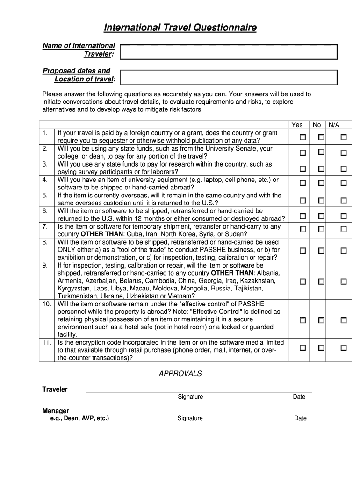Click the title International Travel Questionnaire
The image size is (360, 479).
click(x=180, y=28)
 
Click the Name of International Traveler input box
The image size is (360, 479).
click(x=229, y=52)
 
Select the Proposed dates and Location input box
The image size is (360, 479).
click(x=229, y=77)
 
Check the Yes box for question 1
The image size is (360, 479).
click(x=302, y=138)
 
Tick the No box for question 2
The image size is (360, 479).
click(x=321, y=152)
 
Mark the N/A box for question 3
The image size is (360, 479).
click(x=344, y=168)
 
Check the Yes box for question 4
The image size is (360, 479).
click(x=302, y=182)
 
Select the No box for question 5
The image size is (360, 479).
click(x=321, y=200)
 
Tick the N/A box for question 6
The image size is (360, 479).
click(x=344, y=216)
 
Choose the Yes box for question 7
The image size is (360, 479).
click(x=302, y=229)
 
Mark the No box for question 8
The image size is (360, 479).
click(x=321, y=251)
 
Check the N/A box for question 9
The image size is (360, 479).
click(x=344, y=282)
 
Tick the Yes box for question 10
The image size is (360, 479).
click(x=302, y=320)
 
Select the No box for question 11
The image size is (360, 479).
click(x=321, y=348)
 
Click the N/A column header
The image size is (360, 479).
click(x=334, y=125)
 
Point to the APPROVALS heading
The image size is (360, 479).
click(x=180, y=374)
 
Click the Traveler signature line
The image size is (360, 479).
click(x=198, y=391)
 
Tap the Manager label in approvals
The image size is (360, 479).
click(x=56, y=411)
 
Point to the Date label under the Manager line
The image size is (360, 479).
click(x=300, y=418)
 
